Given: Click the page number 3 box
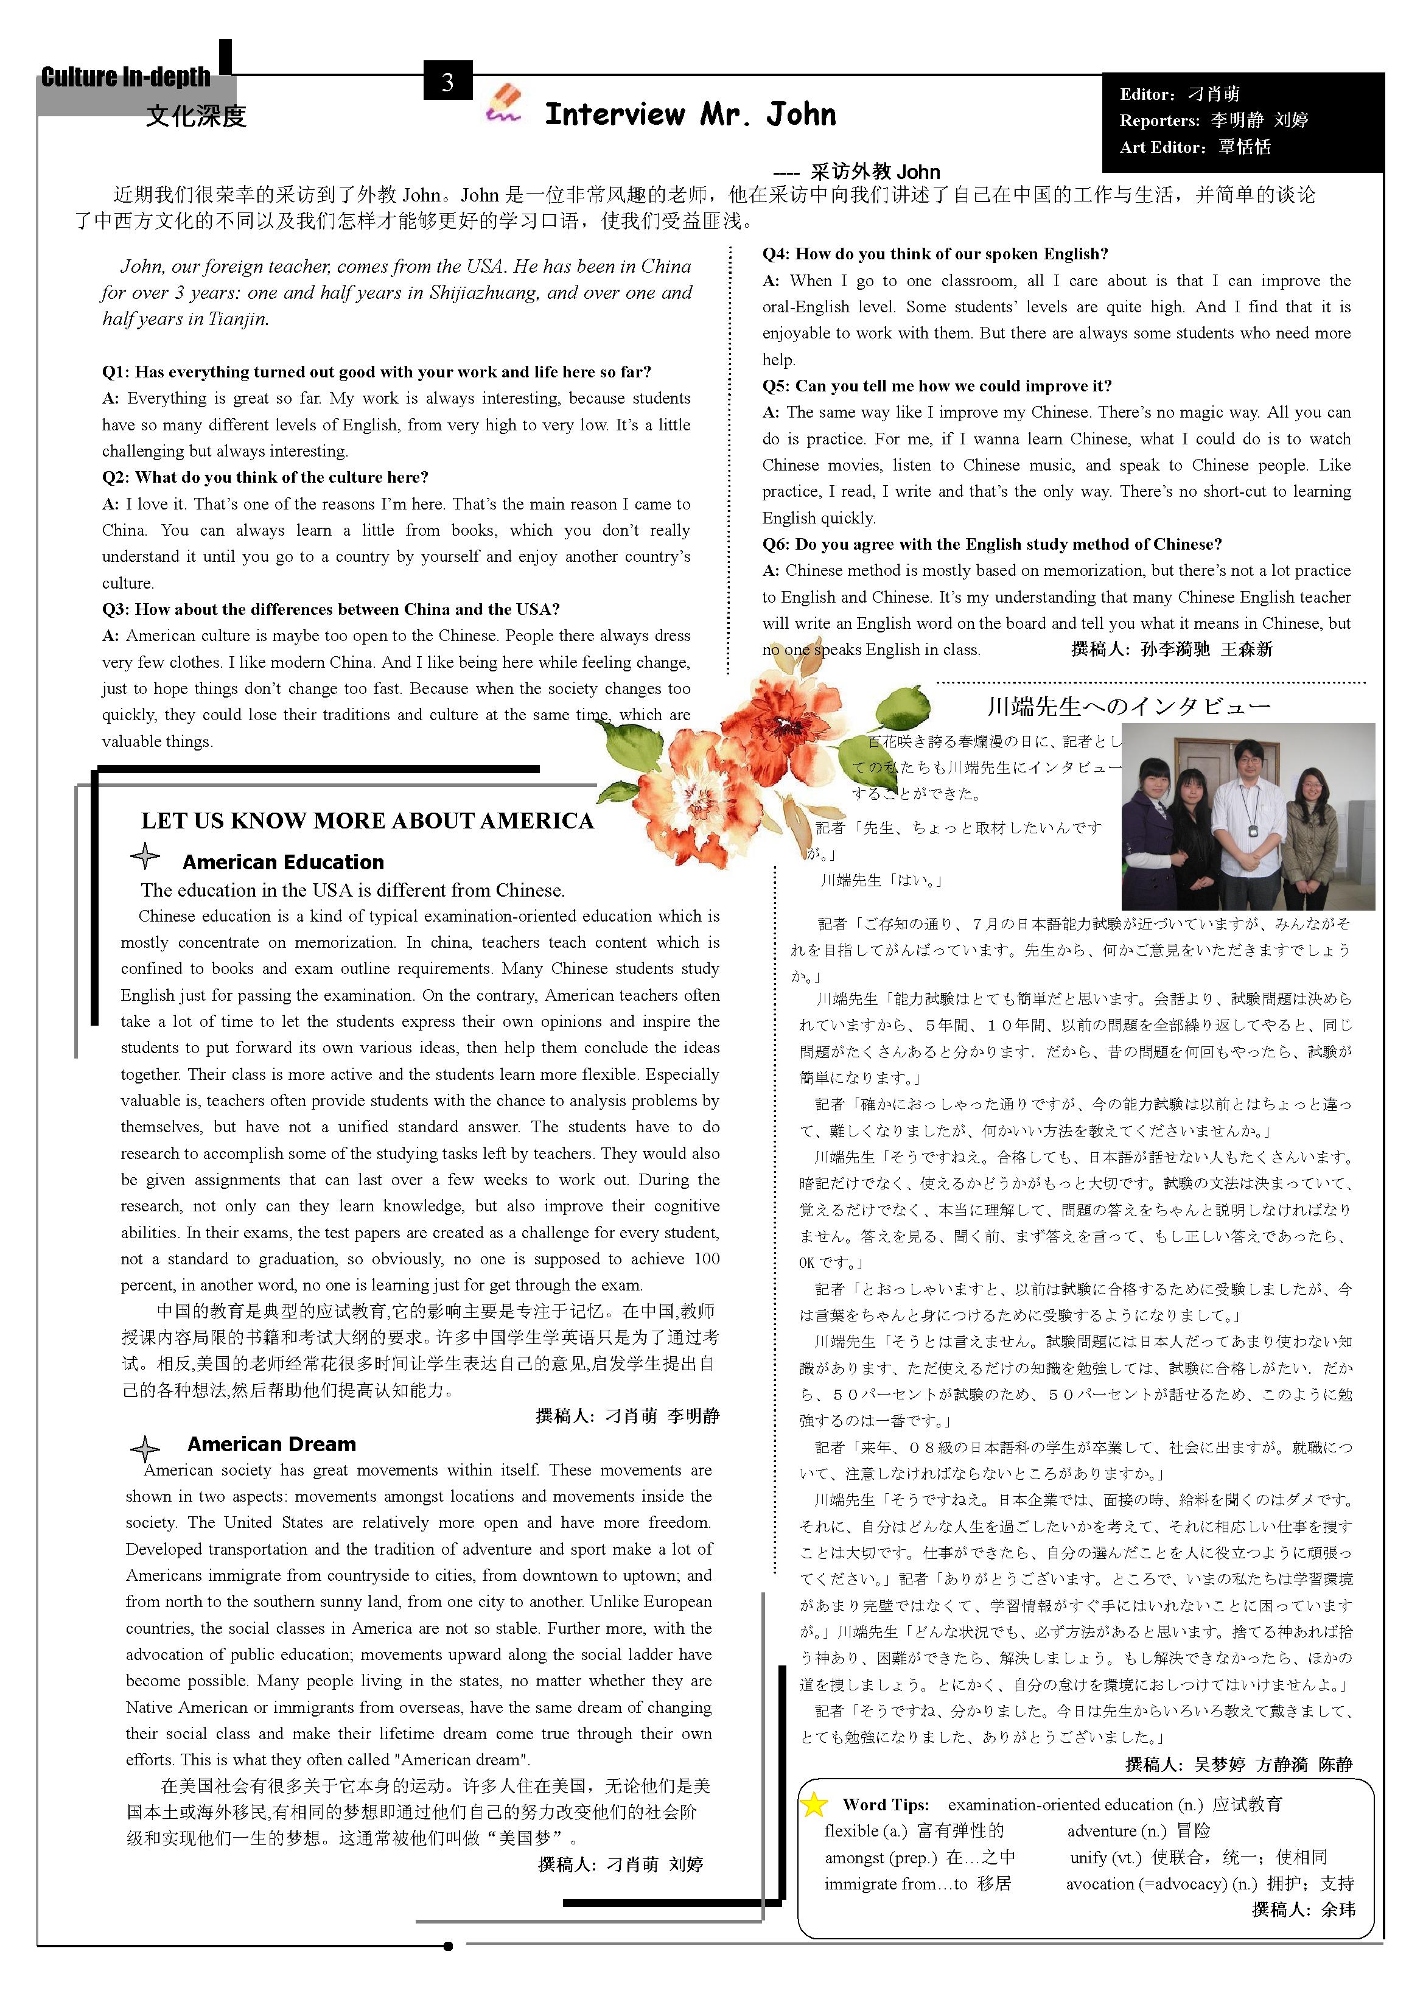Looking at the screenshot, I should pyautogui.click(x=447, y=82).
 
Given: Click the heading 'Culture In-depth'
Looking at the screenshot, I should pyautogui.click(x=125, y=77).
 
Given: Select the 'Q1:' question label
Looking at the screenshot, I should pyautogui.click(x=117, y=372).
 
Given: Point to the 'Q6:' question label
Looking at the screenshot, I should pyautogui.click(x=777, y=544).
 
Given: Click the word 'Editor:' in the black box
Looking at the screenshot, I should pyautogui.click(x=1147, y=94).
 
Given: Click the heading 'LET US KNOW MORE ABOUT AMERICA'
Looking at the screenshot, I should pyautogui.click(x=368, y=821).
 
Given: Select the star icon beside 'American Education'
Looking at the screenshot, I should pyautogui.click(x=145, y=856).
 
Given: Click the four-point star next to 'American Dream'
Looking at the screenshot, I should pyautogui.click(x=145, y=1448).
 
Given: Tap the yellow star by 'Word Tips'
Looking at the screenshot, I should pyautogui.click(x=814, y=1804).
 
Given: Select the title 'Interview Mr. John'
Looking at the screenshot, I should pyautogui.click(x=690, y=114).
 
